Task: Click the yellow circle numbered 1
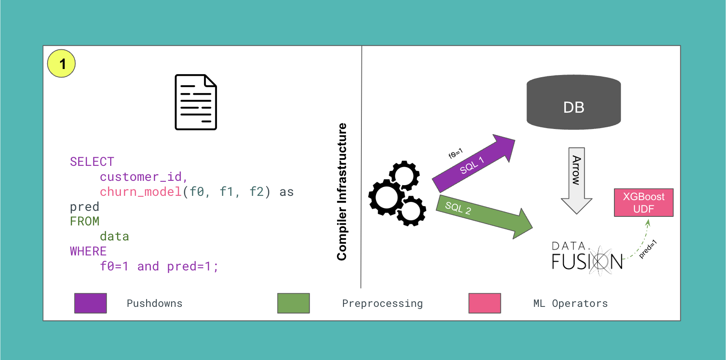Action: tap(61, 63)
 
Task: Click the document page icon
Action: tap(196, 102)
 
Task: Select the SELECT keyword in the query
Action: tap(92, 162)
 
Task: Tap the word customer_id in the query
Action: tap(141, 177)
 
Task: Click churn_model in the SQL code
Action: tap(141, 192)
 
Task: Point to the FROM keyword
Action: tap(84, 221)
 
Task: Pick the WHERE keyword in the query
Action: tap(88, 251)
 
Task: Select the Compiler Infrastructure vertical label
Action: tap(342, 192)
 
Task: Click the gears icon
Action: tap(397, 194)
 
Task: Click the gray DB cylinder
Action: tap(573, 103)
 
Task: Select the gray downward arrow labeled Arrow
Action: tap(577, 180)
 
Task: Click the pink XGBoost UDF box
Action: tap(643, 203)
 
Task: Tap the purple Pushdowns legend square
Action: tap(90, 303)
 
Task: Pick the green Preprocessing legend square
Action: tap(293, 303)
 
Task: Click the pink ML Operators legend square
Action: tap(484, 303)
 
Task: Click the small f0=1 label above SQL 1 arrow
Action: tap(455, 153)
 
